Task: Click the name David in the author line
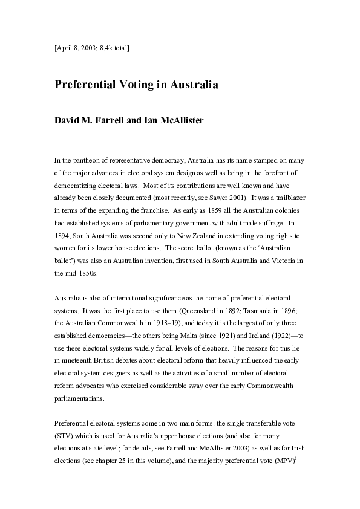coord(68,120)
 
